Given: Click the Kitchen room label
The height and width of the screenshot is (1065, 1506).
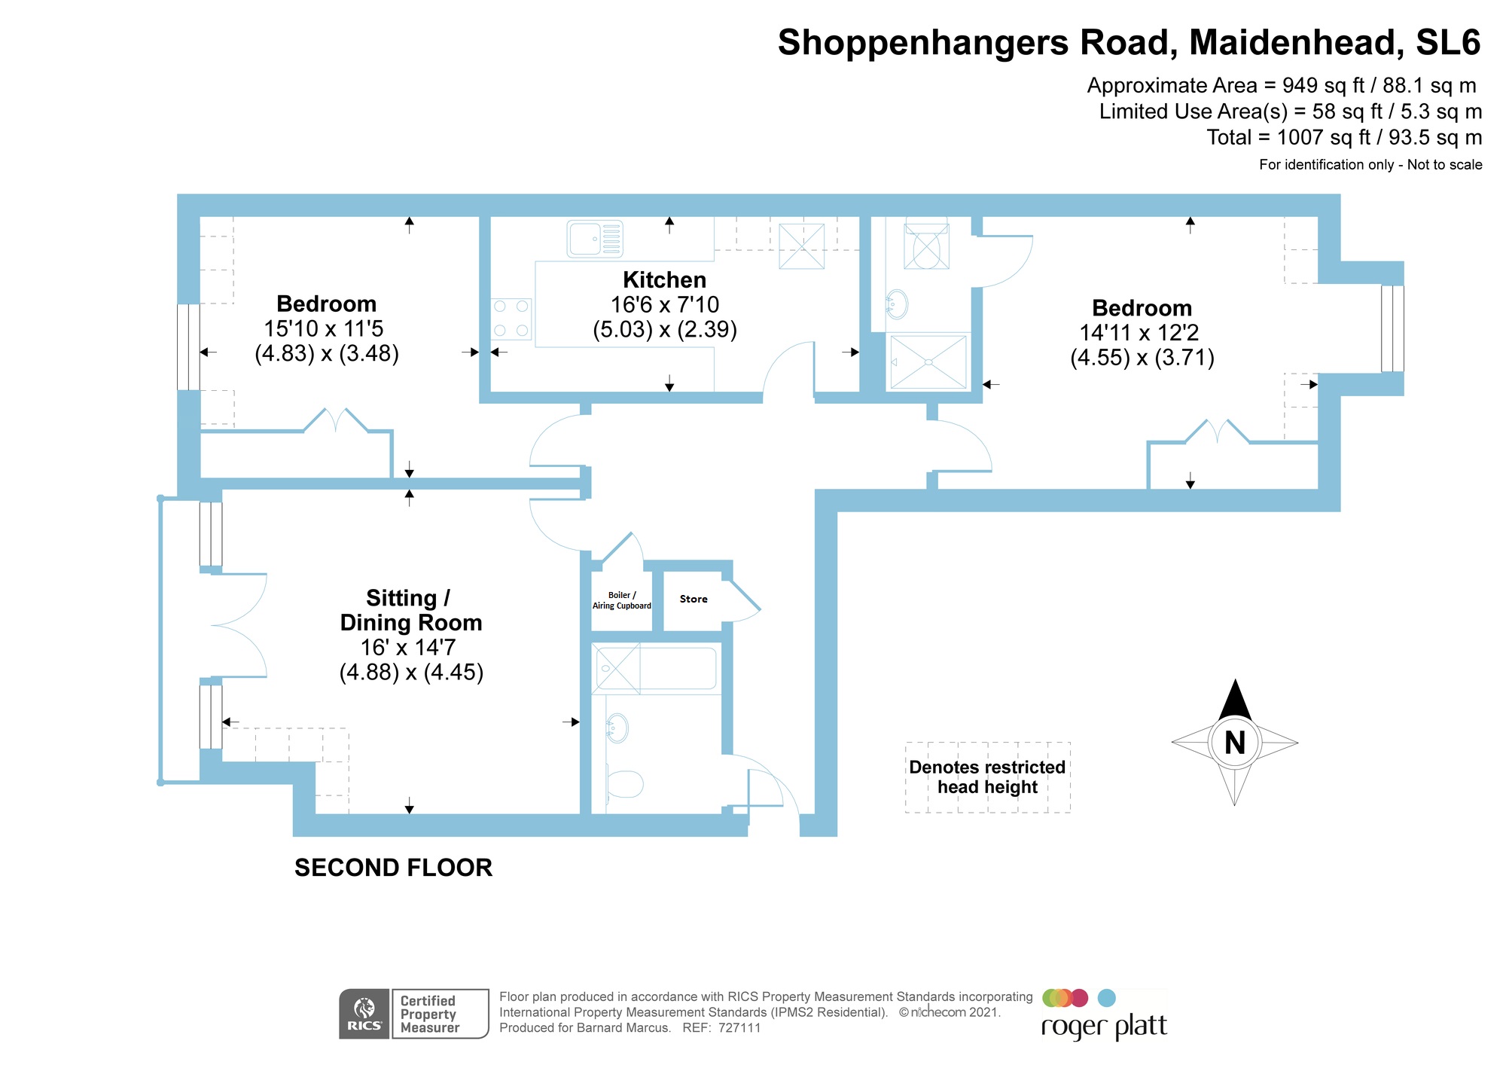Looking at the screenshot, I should pyautogui.click(x=664, y=280).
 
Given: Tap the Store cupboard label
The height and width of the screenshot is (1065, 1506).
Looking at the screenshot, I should pyautogui.click(x=694, y=600).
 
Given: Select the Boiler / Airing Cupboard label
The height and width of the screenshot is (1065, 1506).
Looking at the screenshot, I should pyautogui.click(x=622, y=600).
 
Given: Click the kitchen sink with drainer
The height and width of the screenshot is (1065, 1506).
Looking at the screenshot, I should pyautogui.click(x=594, y=239).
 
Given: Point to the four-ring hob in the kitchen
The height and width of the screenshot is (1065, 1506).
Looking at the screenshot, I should pyautogui.click(x=511, y=319).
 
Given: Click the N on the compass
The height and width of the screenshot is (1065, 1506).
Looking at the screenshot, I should pyautogui.click(x=1235, y=743).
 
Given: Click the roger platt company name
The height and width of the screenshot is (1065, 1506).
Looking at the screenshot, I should pyautogui.click(x=1104, y=1027).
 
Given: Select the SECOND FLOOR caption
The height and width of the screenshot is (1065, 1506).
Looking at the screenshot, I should pyautogui.click(x=393, y=868).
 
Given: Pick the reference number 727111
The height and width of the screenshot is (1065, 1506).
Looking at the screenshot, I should pyautogui.click(x=739, y=1028).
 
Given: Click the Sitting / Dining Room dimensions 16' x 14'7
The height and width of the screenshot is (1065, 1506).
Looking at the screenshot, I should pyautogui.click(x=408, y=648).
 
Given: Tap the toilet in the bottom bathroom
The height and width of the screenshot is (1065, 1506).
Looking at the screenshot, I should pyautogui.click(x=624, y=784).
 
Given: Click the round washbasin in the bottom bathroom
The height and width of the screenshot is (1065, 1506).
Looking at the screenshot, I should pyautogui.click(x=617, y=728).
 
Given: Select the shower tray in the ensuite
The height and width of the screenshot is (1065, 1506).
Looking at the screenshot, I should pyautogui.click(x=928, y=362).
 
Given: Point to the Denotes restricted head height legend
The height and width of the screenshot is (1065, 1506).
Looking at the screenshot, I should pyautogui.click(x=987, y=777).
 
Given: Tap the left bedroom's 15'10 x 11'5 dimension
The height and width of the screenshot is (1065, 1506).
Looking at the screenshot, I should pyautogui.click(x=324, y=329).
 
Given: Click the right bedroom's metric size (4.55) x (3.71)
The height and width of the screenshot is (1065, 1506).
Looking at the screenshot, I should pyautogui.click(x=1142, y=358).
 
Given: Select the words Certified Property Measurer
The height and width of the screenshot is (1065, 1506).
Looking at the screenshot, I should pyautogui.click(x=429, y=1014).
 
